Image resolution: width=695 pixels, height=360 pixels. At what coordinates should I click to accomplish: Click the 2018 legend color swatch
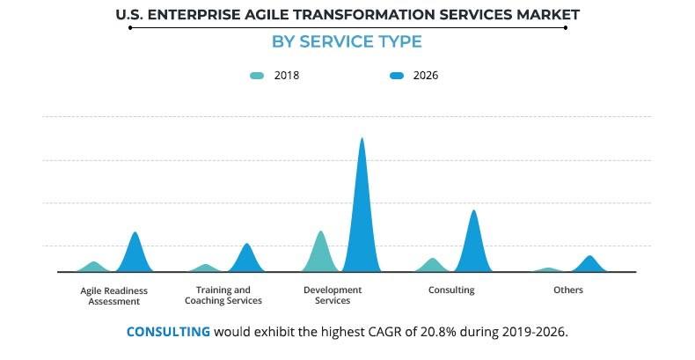point(256,76)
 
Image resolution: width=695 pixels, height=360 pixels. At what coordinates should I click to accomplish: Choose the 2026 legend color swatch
point(396,76)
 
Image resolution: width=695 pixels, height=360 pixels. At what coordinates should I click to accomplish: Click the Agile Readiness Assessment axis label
point(113,296)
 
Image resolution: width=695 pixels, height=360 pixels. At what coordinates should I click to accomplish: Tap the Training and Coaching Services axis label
point(223,296)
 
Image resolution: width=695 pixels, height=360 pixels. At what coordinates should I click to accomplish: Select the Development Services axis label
point(333,296)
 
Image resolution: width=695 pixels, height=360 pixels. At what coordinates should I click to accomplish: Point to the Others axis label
point(568,290)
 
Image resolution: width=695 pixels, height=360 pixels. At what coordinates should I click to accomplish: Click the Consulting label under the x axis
point(451,290)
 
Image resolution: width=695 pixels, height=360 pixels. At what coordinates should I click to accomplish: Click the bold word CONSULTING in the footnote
point(168,333)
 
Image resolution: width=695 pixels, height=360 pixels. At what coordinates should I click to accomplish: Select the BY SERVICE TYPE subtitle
point(347,42)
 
